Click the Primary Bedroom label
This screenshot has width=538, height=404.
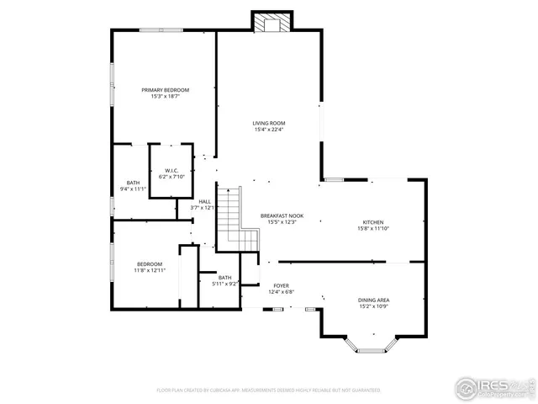165,90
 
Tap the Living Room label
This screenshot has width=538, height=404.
269,124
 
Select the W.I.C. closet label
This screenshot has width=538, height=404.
170,170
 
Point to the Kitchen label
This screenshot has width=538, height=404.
372,222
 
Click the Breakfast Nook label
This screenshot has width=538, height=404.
282,215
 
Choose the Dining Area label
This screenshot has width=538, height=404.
373,300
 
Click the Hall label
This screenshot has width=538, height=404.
204,201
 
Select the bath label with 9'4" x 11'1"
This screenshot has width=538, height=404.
133,183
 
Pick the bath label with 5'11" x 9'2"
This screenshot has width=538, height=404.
224,278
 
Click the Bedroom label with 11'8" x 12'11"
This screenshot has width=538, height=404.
150,264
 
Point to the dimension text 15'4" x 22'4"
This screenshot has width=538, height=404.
269,130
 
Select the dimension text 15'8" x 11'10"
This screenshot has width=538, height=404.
372,228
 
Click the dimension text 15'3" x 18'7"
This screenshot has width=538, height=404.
165,96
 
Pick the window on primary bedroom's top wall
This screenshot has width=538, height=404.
161,31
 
